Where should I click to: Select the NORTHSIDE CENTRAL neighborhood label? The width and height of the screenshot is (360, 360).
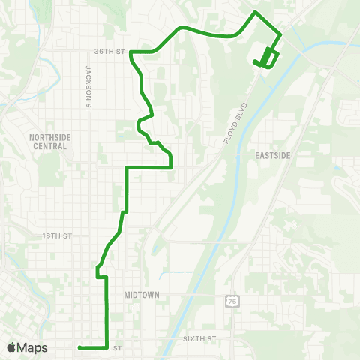tap(47, 142)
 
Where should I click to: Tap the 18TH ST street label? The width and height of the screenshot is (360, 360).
tap(56, 235)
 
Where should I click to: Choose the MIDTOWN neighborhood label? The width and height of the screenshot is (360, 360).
tap(142, 295)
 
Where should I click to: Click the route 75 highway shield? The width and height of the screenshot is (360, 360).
tap(229, 301)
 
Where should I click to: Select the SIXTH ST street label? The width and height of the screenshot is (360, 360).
tap(199, 339)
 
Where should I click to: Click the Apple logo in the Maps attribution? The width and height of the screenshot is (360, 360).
tap(12, 347)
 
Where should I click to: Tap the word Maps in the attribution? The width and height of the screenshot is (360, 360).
tap(32, 347)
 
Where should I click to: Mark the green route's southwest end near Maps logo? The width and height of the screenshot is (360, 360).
tap(79, 347)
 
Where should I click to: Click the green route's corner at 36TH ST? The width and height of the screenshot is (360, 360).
tap(131, 52)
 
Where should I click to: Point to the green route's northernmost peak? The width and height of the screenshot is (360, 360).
tap(256, 13)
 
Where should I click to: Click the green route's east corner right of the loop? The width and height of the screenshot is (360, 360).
tap(281, 34)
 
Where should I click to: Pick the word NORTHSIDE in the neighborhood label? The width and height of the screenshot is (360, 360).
tap(47, 137)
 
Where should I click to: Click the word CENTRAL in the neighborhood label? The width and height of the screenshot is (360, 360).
tap(47, 146)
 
